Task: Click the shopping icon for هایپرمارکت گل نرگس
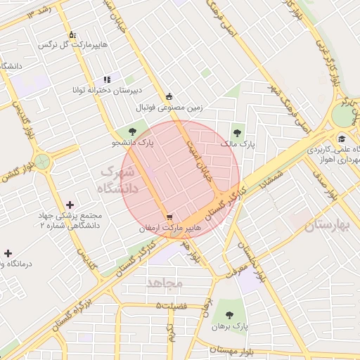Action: pyautogui.click(x=71, y=34)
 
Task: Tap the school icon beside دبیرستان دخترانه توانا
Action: pyautogui.click(x=107, y=80)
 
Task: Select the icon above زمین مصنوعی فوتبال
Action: pyautogui.click(x=169, y=97)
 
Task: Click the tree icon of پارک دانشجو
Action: pyautogui.click(x=133, y=131)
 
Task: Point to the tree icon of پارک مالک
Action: pyautogui.click(x=236, y=131)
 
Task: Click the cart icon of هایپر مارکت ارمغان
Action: pyautogui.click(x=169, y=217)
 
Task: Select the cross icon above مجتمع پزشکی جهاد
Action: pyautogui.click(x=69, y=204)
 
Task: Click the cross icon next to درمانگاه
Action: pyautogui.click(x=8, y=252)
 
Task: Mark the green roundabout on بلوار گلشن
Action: pyautogui.click(x=44, y=162)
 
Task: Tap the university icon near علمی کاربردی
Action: pyautogui.click(x=342, y=138)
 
